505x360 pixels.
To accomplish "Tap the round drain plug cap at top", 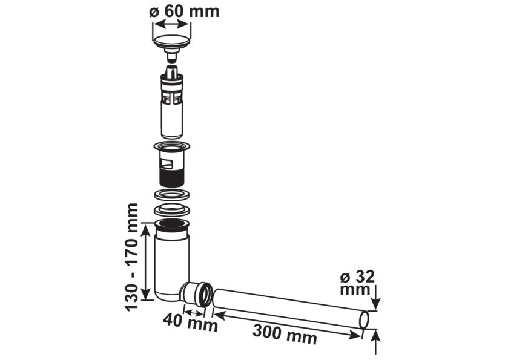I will [173, 42].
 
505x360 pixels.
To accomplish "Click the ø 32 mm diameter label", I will [357, 283].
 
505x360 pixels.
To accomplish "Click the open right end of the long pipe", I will [365, 319].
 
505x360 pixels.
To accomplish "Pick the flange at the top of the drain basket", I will [173, 146].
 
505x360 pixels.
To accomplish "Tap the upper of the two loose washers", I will [173, 195].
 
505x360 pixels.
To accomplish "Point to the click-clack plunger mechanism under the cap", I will [172, 103].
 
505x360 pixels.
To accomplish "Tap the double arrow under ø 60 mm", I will [171, 24].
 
